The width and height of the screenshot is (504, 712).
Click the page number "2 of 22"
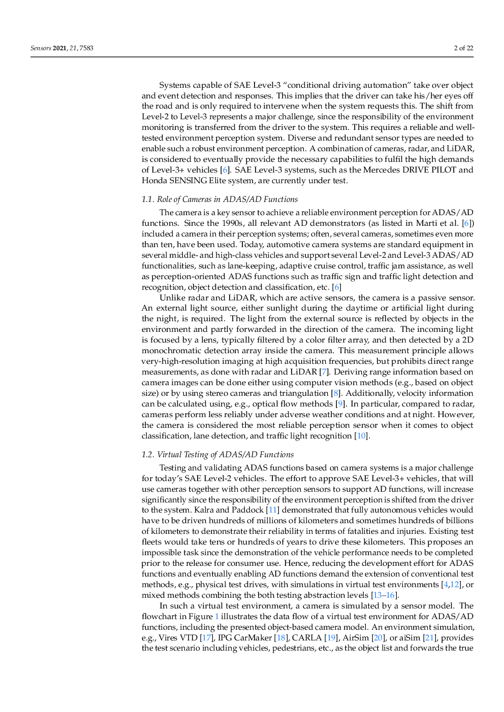[463, 48]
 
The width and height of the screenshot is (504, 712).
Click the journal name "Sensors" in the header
[41, 48]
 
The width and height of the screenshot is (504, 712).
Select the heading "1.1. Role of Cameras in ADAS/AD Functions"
[219, 199]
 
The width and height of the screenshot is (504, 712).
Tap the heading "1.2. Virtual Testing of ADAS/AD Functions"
[217, 455]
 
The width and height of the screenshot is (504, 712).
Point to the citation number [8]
[335, 393]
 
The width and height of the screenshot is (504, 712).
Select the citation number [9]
[340, 404]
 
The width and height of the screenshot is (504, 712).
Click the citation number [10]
[361, 436]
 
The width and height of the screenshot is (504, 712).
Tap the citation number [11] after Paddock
[273, 510]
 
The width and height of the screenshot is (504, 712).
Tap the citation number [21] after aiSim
[429, 638]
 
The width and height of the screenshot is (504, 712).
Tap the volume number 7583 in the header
[86, 48]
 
